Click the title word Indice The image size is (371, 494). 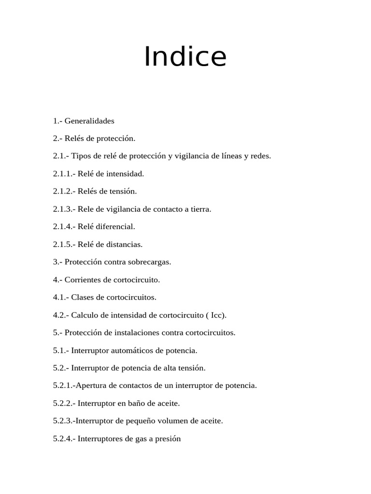pyautogui.click(x=185, y=57)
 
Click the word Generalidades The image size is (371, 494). pyautogui.click(x=89, y=121)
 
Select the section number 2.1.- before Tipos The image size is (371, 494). pyautogui.click(x=61, y=156)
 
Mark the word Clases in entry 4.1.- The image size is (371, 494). pyautogui.click(x=83, y=298)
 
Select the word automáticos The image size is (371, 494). pyautogui.click(x=130, y=351)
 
